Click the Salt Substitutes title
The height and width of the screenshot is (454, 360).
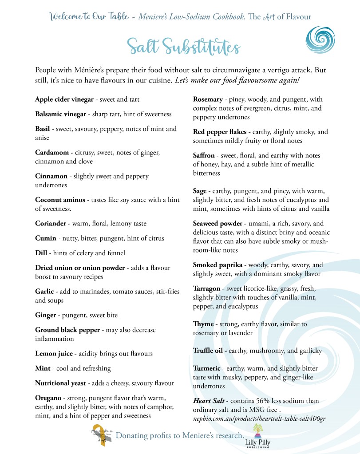tap(183, 47)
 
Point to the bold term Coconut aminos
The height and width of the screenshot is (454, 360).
tap(60, 200)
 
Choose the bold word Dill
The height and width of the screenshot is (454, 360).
tap(41, 253)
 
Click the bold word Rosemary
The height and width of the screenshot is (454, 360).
tap(207, 99)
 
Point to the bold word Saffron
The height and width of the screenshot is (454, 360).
tap(204, 156)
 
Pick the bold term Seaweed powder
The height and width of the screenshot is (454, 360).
tap(218, 224)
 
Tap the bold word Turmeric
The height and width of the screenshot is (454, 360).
tap(206, 369)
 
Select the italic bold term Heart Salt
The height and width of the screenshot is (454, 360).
tap(209, 401)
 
